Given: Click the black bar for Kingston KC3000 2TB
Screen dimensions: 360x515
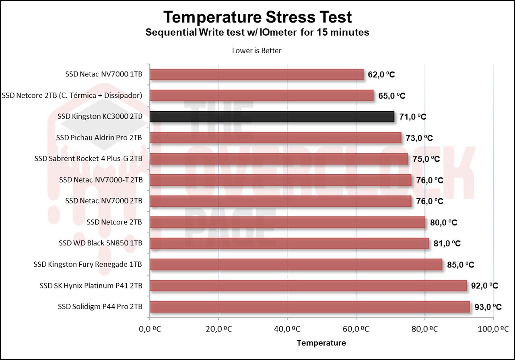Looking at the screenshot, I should [x=272, y=117].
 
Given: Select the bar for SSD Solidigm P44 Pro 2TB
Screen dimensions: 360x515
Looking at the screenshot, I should [x=310, y=307].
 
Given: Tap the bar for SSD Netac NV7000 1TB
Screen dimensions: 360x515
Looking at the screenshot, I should [x=256, y=74].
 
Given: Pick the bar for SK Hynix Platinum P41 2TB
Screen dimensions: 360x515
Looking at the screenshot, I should [x=308, y=286].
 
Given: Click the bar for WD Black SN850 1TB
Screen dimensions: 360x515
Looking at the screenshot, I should [x=289, y=243].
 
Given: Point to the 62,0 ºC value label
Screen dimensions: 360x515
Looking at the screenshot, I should [x=381, y=74].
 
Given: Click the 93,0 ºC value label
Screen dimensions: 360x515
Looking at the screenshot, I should [x=488, y=307].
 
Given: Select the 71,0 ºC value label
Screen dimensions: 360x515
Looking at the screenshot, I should [x=412, y=117].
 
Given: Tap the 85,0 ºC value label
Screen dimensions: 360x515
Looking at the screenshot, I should [x=461, y=265].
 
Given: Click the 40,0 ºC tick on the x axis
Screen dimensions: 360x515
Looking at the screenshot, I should [x=287, y=329].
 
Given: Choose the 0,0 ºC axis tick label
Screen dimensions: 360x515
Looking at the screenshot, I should [x=150, y=329].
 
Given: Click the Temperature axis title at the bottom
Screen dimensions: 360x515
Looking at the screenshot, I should [x=321, y=343].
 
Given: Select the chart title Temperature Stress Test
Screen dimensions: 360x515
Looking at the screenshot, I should [x=257, y=17].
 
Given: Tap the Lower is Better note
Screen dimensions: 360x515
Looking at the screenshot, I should [x=257, y=51].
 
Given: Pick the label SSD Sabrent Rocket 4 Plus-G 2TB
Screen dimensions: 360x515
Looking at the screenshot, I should [x=89, y=159].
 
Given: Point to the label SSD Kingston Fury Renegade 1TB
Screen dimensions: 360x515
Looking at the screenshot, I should [x=88, y=265].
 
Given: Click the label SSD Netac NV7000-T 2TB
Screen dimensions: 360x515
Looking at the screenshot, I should [x=101, y=180].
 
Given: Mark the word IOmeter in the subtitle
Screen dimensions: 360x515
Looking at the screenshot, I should [x=277, y=33].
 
